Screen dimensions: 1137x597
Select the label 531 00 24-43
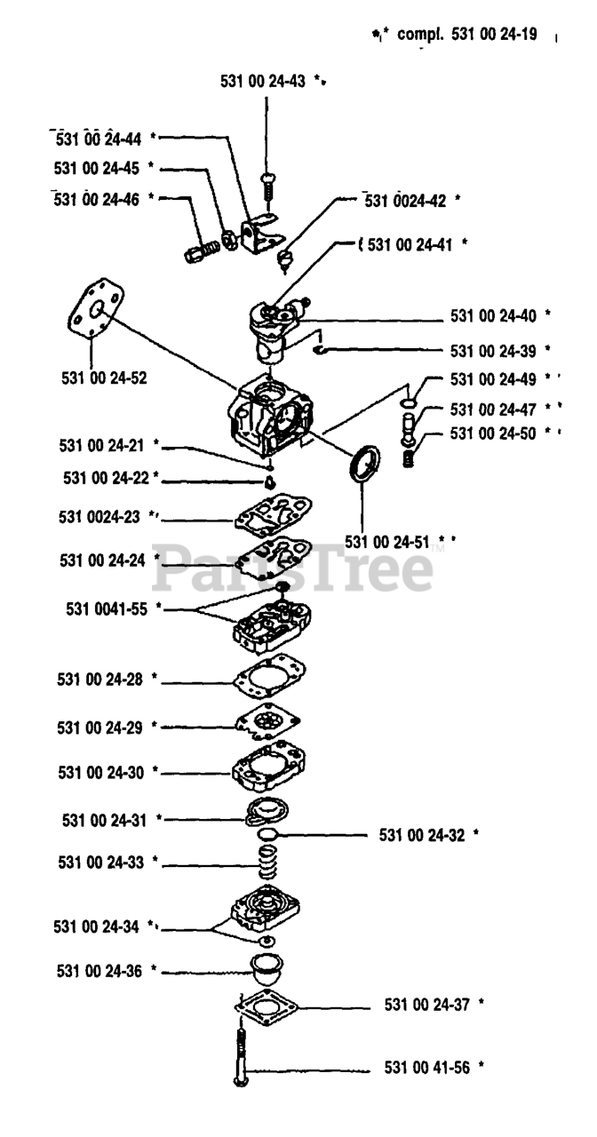[263, 81]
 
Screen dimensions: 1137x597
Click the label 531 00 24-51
[389, 541]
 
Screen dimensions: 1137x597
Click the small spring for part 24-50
[409, 460]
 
